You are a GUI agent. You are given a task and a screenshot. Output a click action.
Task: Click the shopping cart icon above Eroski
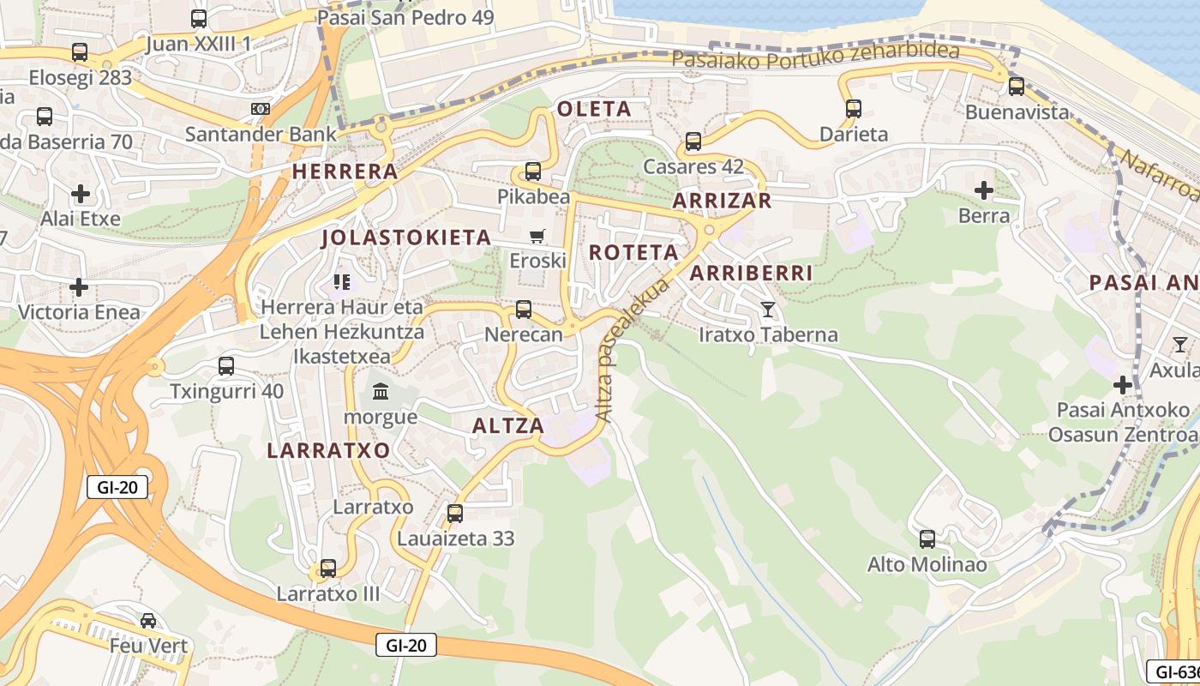[x=537, y=236]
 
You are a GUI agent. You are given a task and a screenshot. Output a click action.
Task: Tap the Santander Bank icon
[x=261, y=109]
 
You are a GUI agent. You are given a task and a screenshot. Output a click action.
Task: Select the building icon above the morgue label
[x=381, y=392]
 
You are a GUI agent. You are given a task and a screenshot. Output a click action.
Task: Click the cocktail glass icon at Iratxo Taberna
[x=767, y=310]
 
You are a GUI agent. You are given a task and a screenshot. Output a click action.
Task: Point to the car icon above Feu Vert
[x=148, y=620]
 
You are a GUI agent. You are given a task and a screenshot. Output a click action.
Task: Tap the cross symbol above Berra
[x=983, y=190]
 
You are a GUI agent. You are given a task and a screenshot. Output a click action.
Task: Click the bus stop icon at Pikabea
[x=533, y=171]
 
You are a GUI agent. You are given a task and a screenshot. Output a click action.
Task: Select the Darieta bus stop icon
[x=853, y=109]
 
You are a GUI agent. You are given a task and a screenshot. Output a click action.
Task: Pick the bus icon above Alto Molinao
[x=927, y=539]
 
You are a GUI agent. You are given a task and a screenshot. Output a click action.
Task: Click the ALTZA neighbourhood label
[x=508, y=426]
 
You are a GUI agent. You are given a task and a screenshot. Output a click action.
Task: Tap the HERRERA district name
[x=345, y=171]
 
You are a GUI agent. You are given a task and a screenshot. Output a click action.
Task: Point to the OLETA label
[x=594, y=109]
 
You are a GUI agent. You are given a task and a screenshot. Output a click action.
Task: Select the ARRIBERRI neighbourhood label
[x=751, y=274]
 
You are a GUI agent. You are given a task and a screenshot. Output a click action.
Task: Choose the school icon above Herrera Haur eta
[x=342, y=281]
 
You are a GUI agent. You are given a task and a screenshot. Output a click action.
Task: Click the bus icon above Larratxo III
[x=327, y=569]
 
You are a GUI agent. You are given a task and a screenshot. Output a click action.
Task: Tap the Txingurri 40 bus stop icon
[x=226, y=366]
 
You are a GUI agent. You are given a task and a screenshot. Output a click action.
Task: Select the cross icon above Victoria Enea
[x=79, y=286]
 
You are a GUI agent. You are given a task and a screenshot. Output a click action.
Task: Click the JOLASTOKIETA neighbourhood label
[x=406, y=238]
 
